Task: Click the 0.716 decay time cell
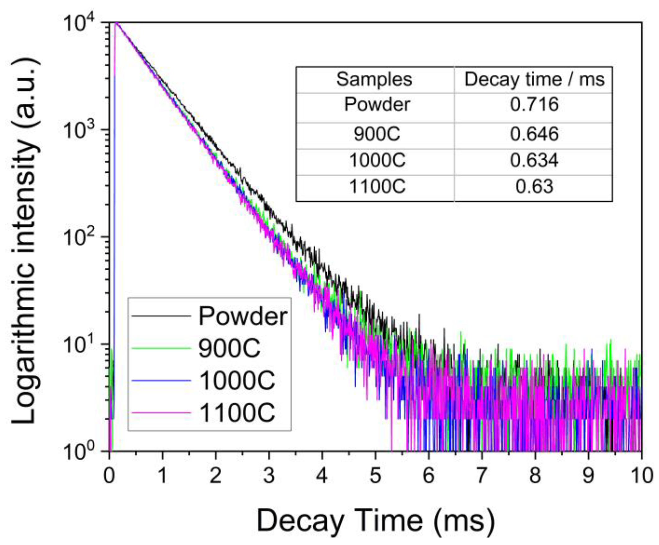(534, 105)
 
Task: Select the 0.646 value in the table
(534, 134)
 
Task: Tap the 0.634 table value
(534, 160)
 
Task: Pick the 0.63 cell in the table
(534, 187)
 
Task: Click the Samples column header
(374, 79)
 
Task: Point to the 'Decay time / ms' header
(534, 79)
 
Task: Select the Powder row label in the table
(377, 105)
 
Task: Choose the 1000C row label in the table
(377, 160)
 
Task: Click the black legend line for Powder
(161, 316)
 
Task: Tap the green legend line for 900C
(161, 348)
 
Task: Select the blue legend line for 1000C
(161, 380)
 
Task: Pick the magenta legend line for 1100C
(161, 413)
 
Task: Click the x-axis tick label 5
(375, 476)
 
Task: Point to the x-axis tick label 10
(641, 476)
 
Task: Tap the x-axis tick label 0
(109, 476)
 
